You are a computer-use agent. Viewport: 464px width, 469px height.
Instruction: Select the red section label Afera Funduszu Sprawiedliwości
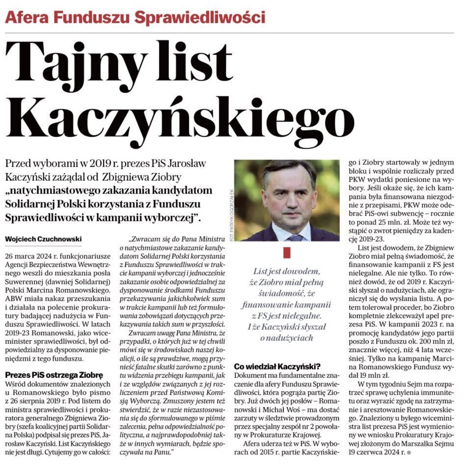coord(135,18)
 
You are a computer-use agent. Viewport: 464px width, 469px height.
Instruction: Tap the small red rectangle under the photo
coord(287,252)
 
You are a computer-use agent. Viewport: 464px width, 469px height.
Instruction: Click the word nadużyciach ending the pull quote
coord(287,338)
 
